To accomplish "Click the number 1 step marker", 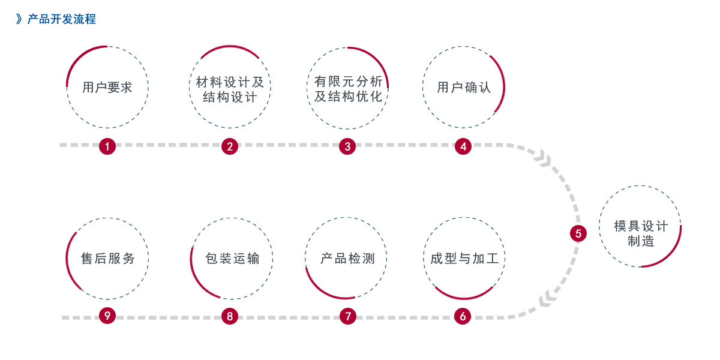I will pos(107,146).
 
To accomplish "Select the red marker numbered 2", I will pos(230,146).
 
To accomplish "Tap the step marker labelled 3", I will pos(347,146).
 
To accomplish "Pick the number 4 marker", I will pos(463,146).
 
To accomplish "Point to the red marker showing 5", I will pos(578,233).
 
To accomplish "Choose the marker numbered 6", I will pos(463,316).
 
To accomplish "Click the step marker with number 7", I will pos(347,316).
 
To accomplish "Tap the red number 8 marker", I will pos(230,316).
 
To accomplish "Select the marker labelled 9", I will pos(107,316).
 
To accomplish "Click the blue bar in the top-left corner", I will pos(56,19).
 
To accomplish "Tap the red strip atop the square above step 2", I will pos(230,52).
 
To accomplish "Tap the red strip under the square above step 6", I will pos(466,293).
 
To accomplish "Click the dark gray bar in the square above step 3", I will pos(348,88).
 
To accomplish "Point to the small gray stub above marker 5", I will pos(578,218).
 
